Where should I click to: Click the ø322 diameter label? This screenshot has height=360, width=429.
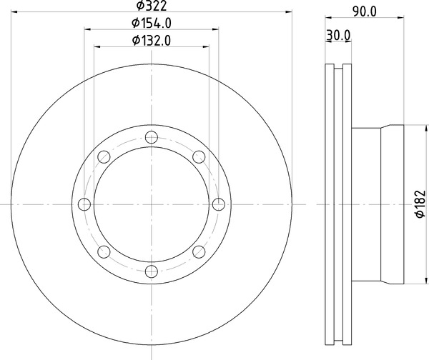[152, 6]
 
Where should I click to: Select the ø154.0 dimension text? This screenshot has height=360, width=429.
[152, 23]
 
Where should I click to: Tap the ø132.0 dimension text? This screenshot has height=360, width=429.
[152, 41]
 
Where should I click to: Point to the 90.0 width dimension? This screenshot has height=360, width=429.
[365, 11]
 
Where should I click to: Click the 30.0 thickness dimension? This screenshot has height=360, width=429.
[338, 35]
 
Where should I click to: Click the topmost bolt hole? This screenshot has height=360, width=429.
[152, 137]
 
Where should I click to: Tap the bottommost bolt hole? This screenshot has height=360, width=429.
[152, 271]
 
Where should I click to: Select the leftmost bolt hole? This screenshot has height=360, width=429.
[84, 204]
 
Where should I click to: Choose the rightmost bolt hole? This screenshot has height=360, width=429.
[219, 204]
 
